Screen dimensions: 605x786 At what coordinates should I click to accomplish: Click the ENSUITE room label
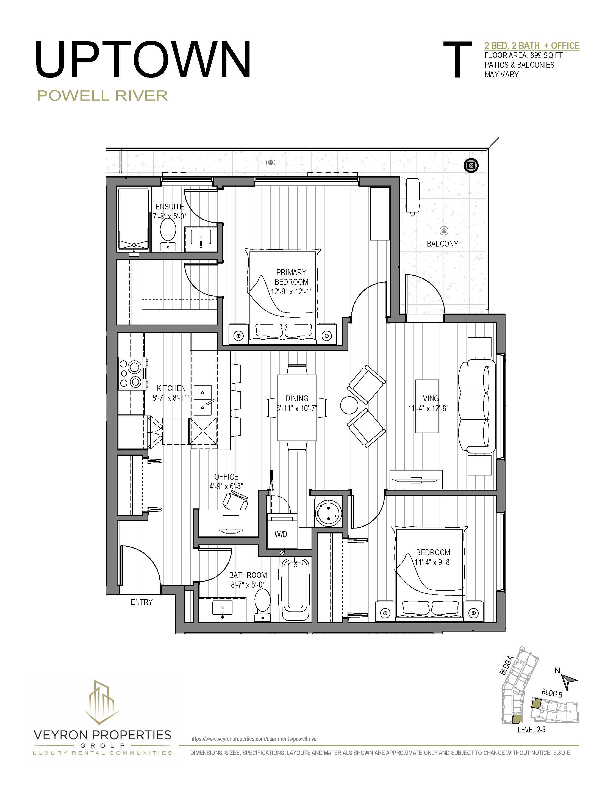[170, 207]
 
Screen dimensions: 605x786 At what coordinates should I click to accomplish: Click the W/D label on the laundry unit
[281, 534]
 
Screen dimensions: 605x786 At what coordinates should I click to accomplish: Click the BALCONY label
[442, 244]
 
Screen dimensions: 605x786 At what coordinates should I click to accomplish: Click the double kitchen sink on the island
[203, 400]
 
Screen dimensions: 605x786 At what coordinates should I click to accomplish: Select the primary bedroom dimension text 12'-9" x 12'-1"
[291, 292]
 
